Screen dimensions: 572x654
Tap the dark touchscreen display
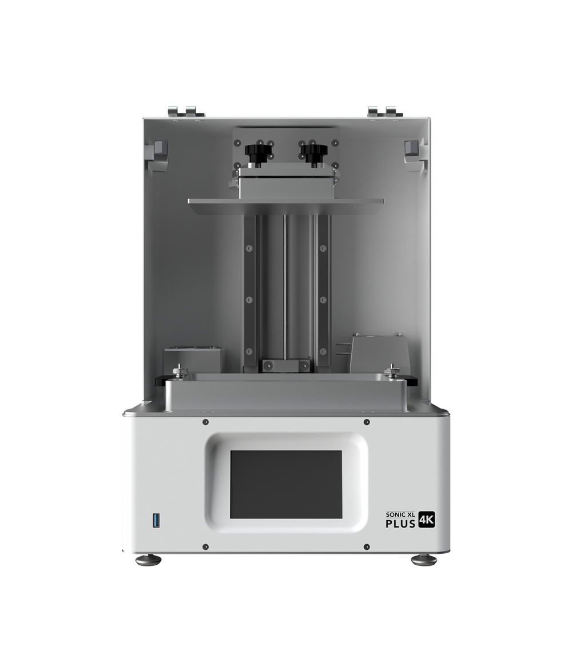[x=286, y=484]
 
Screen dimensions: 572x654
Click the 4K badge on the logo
[x=426, y=520]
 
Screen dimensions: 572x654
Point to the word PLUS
[x=400, y=523]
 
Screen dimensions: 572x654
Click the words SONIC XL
[x=400, y=515]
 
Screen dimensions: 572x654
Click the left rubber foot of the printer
[x=148, y=560]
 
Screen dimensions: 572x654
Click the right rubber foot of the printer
[x=424, y=560]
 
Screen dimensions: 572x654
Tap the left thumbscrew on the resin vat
[x=179, y=370]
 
